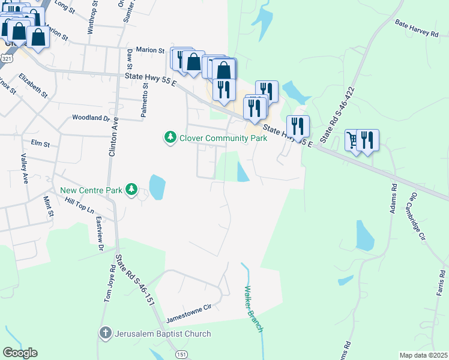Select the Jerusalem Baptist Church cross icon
pos(105,334)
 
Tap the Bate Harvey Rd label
pos(417,29)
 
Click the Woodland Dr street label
pos(91,118)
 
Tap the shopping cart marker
pos(352,140)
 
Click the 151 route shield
pos(181,355)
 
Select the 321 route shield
pos(6,59)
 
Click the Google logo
pos(20,353)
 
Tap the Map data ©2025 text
pos(424,355)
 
